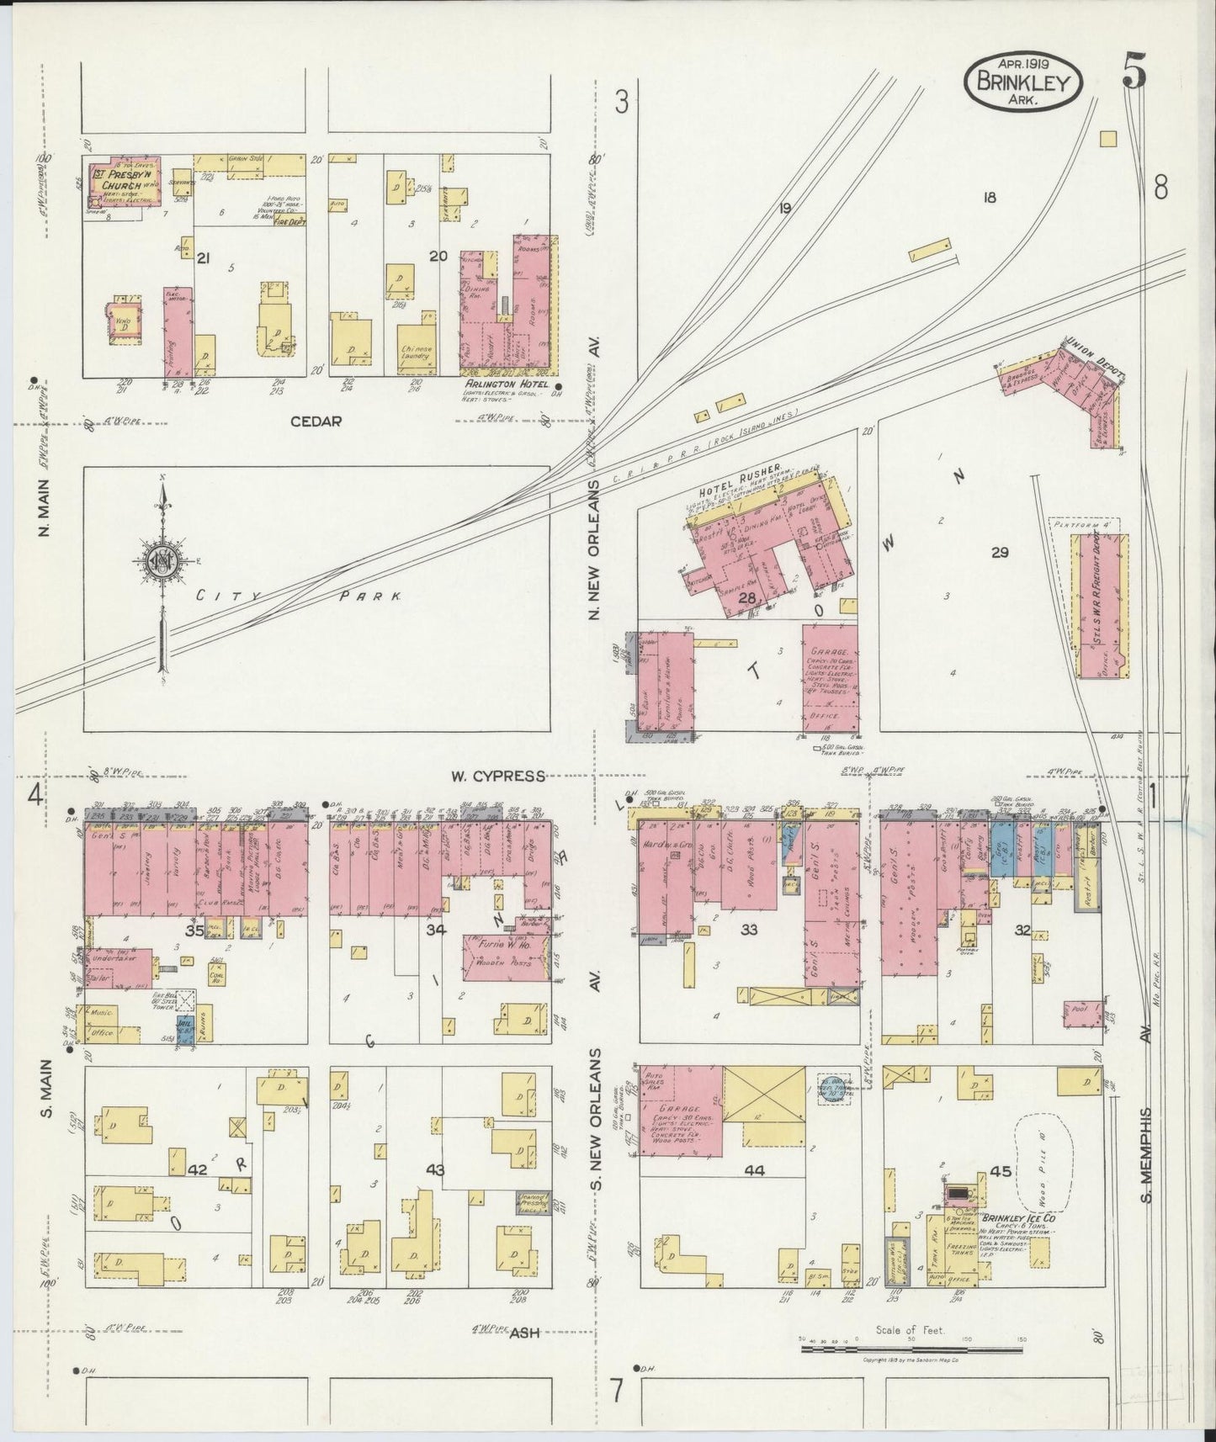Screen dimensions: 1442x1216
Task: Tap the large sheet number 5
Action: tap(1133, 76)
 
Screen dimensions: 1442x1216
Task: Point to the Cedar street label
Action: tap(316, 421)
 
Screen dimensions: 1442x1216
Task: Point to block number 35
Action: tap(194, 931)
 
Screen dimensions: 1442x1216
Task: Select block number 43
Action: tap(436, 1169)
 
